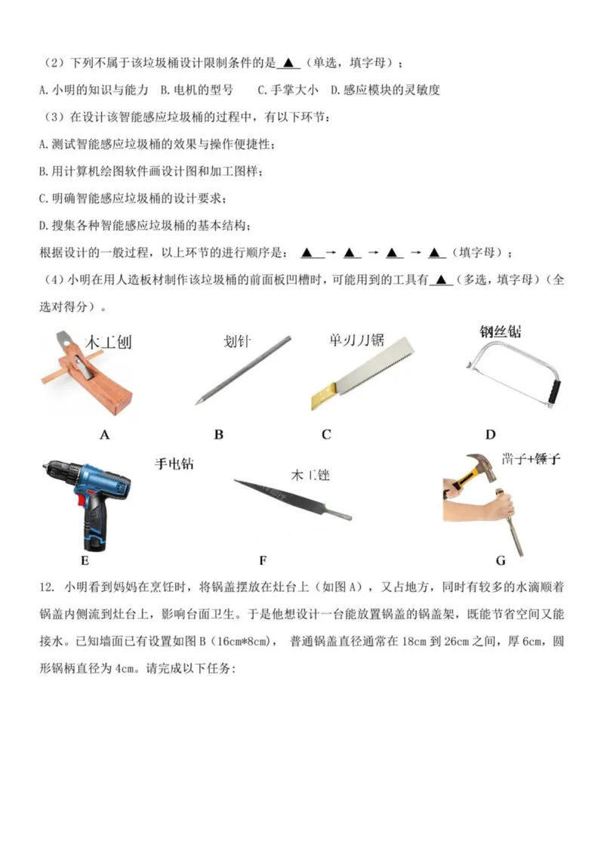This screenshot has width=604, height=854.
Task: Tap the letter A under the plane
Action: [x=105, y=435]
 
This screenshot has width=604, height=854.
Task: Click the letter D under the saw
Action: [x=490, y=434]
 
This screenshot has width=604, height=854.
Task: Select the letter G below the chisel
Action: [x=501, y=560]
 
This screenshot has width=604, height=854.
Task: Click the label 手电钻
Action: [x=174, y=464]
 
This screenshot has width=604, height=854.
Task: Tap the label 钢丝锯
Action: [x=501, y=331]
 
